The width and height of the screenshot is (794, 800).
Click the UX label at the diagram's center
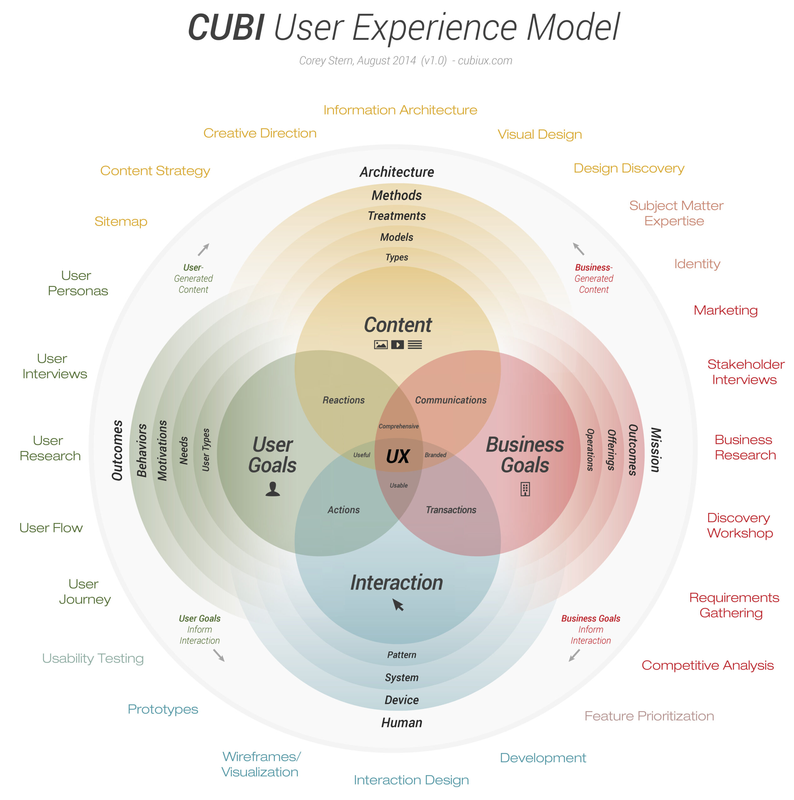[x=397, y=456]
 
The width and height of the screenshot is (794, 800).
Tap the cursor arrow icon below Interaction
[x=398, y=605]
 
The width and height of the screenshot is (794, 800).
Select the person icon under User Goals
[x=272, y=489]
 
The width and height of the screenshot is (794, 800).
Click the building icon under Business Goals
[x=525, y=489]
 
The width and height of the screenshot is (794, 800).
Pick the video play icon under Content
[x=397, y=344]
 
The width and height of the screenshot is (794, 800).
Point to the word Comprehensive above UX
[x=398, y=426]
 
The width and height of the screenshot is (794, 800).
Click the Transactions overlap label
[x=451, y=510]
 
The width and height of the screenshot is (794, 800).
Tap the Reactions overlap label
[x=344, y=400]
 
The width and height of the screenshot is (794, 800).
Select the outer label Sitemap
[x=121, y=222]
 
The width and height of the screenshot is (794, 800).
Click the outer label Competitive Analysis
[x=707, y=665]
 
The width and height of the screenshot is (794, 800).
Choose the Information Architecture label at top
[x=400, y=110]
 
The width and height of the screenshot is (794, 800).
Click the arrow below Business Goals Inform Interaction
[x=574, y=655]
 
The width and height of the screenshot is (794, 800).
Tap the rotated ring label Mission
[x=655, y=450]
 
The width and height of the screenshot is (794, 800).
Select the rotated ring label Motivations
[x=162, y=451]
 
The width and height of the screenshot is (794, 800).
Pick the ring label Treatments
[x=397, y=216]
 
